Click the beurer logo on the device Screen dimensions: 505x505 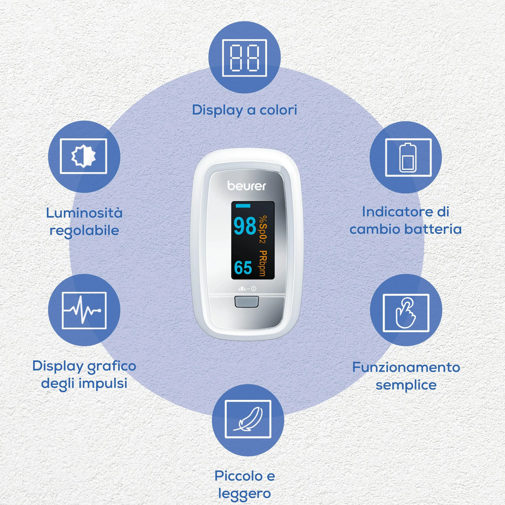coord(246,186)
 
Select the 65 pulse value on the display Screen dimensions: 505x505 coord(243,267)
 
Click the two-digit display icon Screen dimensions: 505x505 coord(244,58)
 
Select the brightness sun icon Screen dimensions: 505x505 coord(84,156)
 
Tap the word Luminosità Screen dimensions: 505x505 coord(84,213)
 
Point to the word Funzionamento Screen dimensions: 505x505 coord(406,367)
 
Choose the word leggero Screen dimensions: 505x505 coord(244,493)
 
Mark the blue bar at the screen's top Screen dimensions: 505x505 coord(243,206)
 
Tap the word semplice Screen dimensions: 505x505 coord(406,385)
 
